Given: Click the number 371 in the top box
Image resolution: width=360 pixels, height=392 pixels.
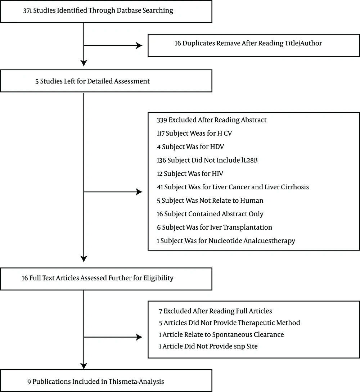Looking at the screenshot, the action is click(x=27, y=11).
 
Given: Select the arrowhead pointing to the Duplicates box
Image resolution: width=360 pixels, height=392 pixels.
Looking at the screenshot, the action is click(x=139, y=45).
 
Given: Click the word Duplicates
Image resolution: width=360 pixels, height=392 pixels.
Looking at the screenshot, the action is click(x=199, y=44).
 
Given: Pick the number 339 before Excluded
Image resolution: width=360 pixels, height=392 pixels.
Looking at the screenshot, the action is click(x=162, y=120).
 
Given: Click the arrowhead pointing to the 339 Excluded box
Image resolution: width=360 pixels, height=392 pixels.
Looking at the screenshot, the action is click(x=139, y=192).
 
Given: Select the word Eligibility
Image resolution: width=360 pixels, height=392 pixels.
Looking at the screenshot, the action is click(x=158, y=278).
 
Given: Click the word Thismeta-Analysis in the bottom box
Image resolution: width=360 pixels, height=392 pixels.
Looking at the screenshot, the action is click(x=136, y=382).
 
